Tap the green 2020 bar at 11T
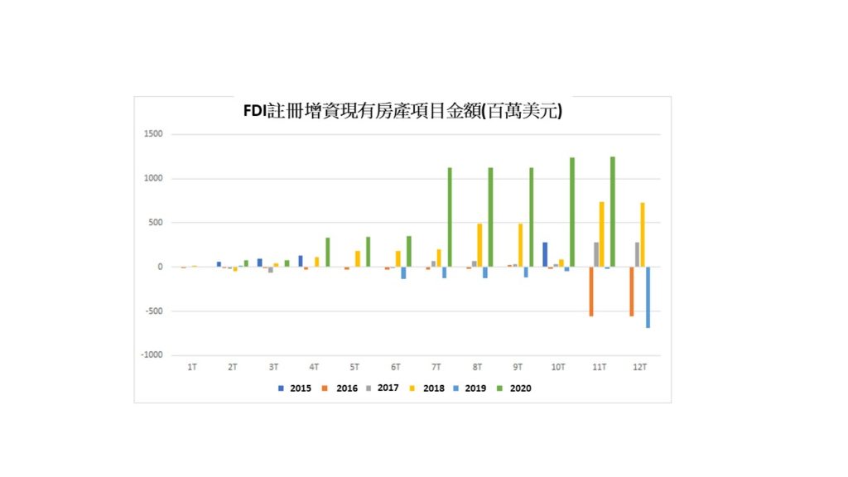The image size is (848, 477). pos(613,212)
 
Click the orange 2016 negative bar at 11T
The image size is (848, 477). pos(591,291)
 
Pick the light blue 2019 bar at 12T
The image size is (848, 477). pos(648,297)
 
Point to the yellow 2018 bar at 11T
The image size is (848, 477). pos(602,234)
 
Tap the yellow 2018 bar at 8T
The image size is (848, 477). pos(479,245)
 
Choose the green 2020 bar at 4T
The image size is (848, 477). pos(327,253)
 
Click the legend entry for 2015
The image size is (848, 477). pos(294,388)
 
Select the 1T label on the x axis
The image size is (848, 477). pos(192,366)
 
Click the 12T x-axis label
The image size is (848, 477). pos(639,366)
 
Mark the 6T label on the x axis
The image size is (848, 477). pos(396,366)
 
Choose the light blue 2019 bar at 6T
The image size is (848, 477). pos(404,272)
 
